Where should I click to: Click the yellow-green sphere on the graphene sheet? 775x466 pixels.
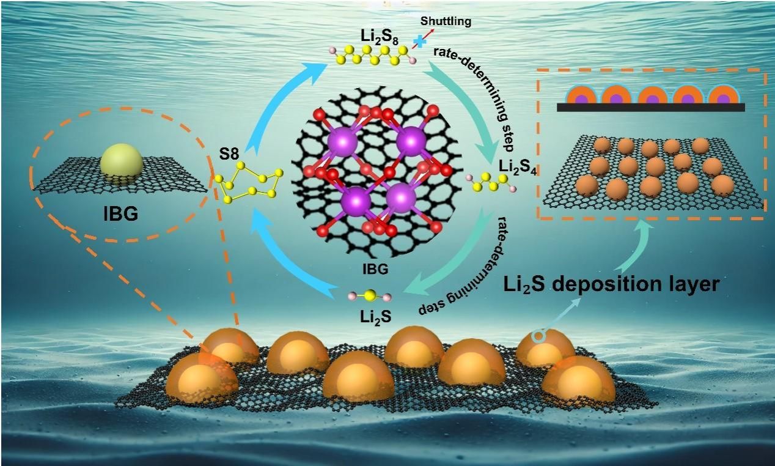pyautogui.click(x=122, y=163)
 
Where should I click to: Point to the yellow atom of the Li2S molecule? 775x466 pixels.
pyautogui.click(x=369, y=297)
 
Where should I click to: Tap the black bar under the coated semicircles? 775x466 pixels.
pyautogui.click(x=651, y=107)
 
